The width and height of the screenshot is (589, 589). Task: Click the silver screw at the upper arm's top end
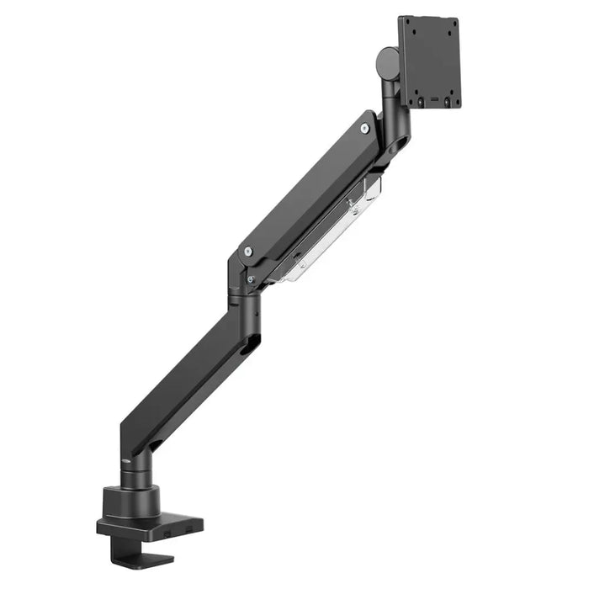click(364, 128)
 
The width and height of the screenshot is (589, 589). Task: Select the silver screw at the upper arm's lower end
click(247, 250)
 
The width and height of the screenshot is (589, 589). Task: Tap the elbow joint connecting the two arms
click(244, 290)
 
